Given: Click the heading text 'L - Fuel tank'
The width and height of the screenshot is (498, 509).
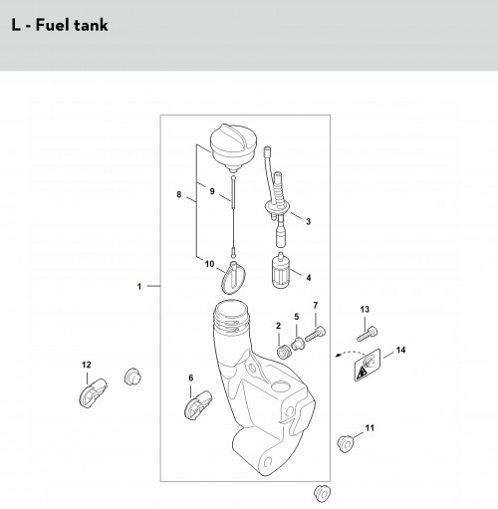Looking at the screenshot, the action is pos(60,25).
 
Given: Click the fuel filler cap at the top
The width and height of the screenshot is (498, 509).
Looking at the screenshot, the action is pos(233,147).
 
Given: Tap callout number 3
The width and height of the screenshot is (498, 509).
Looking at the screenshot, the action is pos(308,221).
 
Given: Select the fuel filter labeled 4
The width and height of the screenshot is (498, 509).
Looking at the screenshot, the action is pos(281,271).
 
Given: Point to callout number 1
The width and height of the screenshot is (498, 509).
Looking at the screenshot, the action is pos(139,286).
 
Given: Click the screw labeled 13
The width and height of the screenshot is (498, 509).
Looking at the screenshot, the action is pos(368,333).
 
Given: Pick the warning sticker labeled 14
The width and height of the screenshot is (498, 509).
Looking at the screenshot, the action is pos(368,365).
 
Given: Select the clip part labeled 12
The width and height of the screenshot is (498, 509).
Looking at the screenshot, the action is pos(93,392).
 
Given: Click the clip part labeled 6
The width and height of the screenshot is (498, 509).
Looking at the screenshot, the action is pos(198,404).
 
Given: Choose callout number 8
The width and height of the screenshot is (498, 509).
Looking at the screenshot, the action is pos(179,194).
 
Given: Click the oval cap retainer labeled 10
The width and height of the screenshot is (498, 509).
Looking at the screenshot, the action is pos(233,278).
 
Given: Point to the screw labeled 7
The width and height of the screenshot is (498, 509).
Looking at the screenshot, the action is pos(315,334).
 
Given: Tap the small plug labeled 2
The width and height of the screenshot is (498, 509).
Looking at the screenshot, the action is pos(283,352).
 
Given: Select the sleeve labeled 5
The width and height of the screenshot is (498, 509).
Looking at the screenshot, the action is pos(297,344).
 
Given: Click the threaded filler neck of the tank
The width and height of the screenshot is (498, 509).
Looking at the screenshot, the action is pos(231,317).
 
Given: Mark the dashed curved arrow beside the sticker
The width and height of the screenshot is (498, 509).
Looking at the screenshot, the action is pos(351,353).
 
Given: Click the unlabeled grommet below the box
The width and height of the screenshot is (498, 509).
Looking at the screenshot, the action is pos(322,493).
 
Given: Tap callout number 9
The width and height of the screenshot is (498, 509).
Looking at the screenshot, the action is pos(212,191).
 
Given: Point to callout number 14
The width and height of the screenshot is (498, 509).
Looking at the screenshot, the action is pos(400,350).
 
